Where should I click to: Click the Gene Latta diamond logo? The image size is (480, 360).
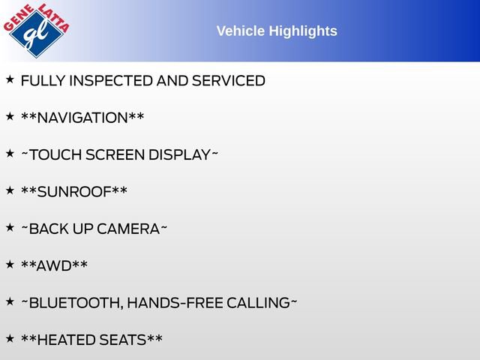tap(37, 31)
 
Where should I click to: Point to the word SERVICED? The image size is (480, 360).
tap(228, 80)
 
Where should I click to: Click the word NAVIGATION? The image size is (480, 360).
tap(82, 118)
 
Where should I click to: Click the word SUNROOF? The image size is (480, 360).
tap(74, 192)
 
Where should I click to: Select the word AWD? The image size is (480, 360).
tap(55, 265)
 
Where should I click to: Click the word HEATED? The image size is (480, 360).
tap(66, 340)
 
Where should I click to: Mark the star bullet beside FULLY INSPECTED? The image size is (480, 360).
tap(10, 79)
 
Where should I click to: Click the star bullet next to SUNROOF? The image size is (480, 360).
tap(10, 190)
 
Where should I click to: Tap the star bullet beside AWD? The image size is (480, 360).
tap(10, 264)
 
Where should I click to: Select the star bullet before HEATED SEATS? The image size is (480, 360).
tap(10, 338)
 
